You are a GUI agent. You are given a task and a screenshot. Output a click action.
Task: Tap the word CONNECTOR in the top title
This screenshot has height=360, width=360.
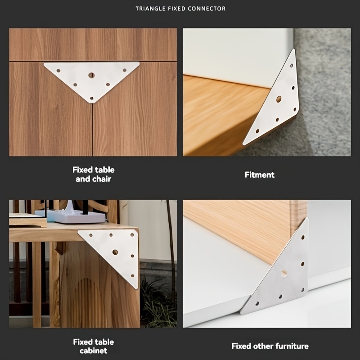tap(207, 9)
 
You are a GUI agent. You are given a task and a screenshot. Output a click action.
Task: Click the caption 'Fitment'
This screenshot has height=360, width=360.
tap(260, 175)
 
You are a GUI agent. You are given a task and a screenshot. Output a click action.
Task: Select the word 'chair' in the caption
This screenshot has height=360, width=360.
tap(102, 179)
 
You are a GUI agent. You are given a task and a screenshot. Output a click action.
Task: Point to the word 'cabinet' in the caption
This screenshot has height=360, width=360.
tap(94, 351)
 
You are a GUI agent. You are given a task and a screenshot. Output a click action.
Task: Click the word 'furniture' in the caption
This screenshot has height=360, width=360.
tap(292, 346)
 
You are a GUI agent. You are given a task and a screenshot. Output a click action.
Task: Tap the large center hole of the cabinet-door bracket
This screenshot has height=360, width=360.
tap(91, 75)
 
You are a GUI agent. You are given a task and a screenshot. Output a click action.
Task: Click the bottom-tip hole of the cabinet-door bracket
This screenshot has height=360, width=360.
tap(92, 99)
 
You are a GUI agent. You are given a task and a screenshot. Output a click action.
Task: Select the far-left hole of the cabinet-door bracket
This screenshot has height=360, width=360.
tap(58, 71)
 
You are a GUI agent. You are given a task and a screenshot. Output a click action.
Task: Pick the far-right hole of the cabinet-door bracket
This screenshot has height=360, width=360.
tap(125, 70)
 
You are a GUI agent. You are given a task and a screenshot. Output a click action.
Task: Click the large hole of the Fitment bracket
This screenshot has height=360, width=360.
tap(279, 99)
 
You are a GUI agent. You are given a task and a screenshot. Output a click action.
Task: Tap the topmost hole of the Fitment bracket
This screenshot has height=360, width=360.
tap(292, 66)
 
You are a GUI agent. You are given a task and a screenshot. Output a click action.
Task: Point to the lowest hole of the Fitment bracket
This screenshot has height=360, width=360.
tap(257, 131)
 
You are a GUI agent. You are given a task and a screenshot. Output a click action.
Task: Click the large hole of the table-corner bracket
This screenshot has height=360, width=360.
tap(115, 252)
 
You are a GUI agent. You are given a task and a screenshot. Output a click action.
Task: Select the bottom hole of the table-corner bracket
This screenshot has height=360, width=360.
tap(132, 276)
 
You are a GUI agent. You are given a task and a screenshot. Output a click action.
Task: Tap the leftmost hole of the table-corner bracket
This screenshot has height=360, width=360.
tap(91, 235)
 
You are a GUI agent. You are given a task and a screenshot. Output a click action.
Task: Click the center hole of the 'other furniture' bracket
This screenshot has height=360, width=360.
tap(284, 274)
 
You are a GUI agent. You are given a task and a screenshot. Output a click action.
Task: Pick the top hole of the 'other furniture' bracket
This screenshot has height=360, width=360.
tap(303, 237)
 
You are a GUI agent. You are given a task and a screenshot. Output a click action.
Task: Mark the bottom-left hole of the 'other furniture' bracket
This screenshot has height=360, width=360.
tap(257, 304)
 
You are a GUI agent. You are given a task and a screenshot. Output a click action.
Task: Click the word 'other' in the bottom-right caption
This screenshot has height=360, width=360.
tap(263, 346)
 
